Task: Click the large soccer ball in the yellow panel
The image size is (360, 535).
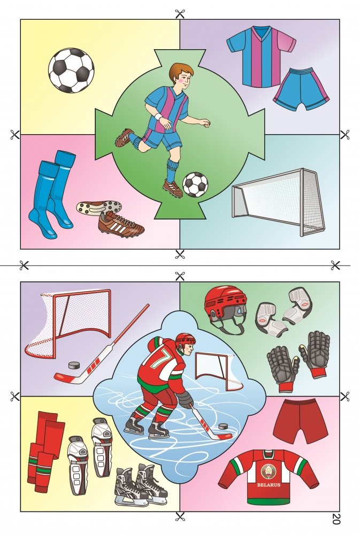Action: (x=71, y=71)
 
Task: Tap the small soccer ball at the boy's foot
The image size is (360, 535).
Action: (x=195, y=184)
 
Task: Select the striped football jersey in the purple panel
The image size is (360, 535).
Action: (x=261, y=56)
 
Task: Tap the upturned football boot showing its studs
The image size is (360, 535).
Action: (x=98, y=207)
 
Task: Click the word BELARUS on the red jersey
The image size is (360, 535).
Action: (x=269, y=485)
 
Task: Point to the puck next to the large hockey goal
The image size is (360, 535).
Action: (x=74, y=365)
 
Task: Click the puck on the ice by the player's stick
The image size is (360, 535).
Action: (x=224, y=426)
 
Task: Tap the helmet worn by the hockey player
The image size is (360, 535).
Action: (x=185, y=339)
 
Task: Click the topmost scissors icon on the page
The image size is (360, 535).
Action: (x=180, y=14)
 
